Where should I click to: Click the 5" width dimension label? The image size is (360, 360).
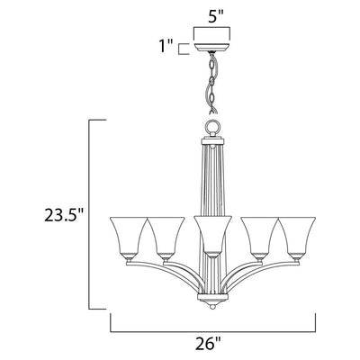[x=211, y=18]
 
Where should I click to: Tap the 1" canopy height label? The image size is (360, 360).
[x=166, y=47]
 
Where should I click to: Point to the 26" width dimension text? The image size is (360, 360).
[x=211, y=344]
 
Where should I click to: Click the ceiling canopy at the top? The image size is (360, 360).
[x=212, y=47]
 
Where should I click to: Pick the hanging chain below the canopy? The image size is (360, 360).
[x=212, y=83]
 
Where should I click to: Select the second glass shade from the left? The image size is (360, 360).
[x=166, y=238]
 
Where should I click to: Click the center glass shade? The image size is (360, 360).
[x=212, y=237]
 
